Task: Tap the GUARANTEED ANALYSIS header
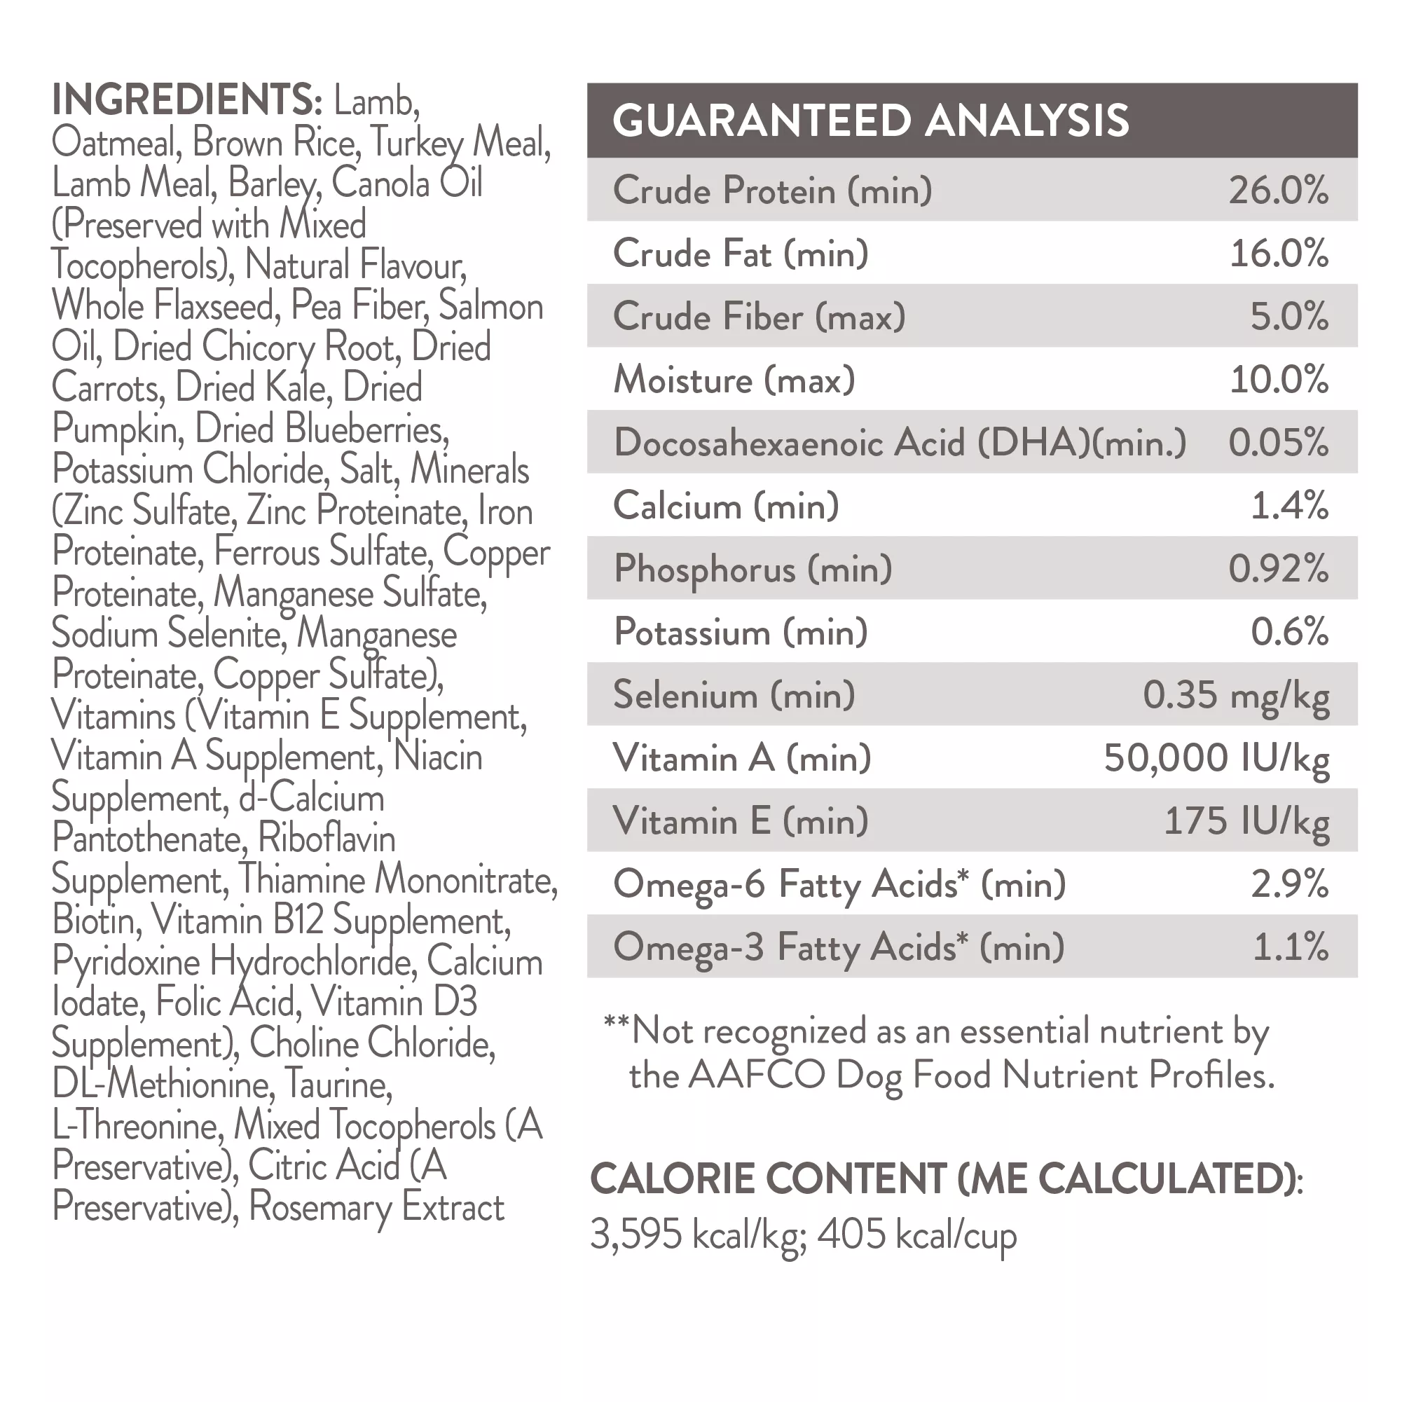870,121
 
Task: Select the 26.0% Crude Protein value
1278,191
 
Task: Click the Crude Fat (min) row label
740,254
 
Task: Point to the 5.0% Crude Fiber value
1288,317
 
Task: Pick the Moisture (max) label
734,380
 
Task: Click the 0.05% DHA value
1278,443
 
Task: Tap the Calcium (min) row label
726,506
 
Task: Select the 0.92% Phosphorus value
1278,569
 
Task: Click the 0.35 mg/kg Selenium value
1236,695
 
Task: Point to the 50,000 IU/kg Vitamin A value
1216,758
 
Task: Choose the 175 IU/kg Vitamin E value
1246,821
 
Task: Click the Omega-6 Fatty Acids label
839,885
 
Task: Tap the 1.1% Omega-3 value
1291,948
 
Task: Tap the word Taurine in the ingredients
338,1085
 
